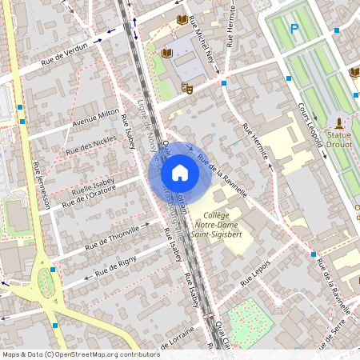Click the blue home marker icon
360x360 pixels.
tap(180, 173)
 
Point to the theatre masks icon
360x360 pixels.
tap(187, 88)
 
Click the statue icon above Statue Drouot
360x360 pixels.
tap(341, 123)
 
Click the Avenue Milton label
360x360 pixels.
tap(95, 119)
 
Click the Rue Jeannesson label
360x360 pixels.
tap(42, 184)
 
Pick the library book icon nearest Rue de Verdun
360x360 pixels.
tap(167, 53)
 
